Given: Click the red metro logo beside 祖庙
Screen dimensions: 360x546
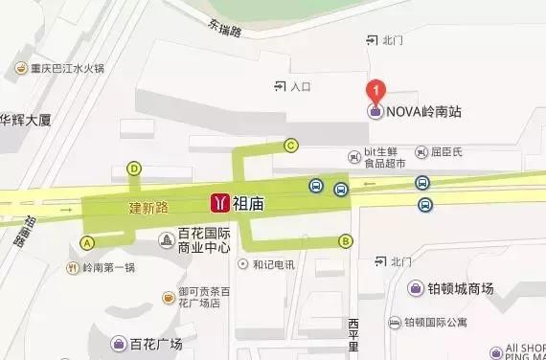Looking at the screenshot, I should [x=220, y=203].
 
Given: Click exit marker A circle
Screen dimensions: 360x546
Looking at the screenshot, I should [x=88, y=242].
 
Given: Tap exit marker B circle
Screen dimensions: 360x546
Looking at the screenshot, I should [x=346, y=240].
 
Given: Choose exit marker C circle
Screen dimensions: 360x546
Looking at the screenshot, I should [x=291, y=146].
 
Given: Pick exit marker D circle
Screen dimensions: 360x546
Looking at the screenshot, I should [x=134, y=169].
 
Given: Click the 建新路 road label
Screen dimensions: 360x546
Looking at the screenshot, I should [x=148, y=206].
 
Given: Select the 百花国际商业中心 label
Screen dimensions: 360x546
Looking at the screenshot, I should [x=205, y=240].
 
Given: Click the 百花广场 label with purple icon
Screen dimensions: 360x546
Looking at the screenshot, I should [x=155, y=343].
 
